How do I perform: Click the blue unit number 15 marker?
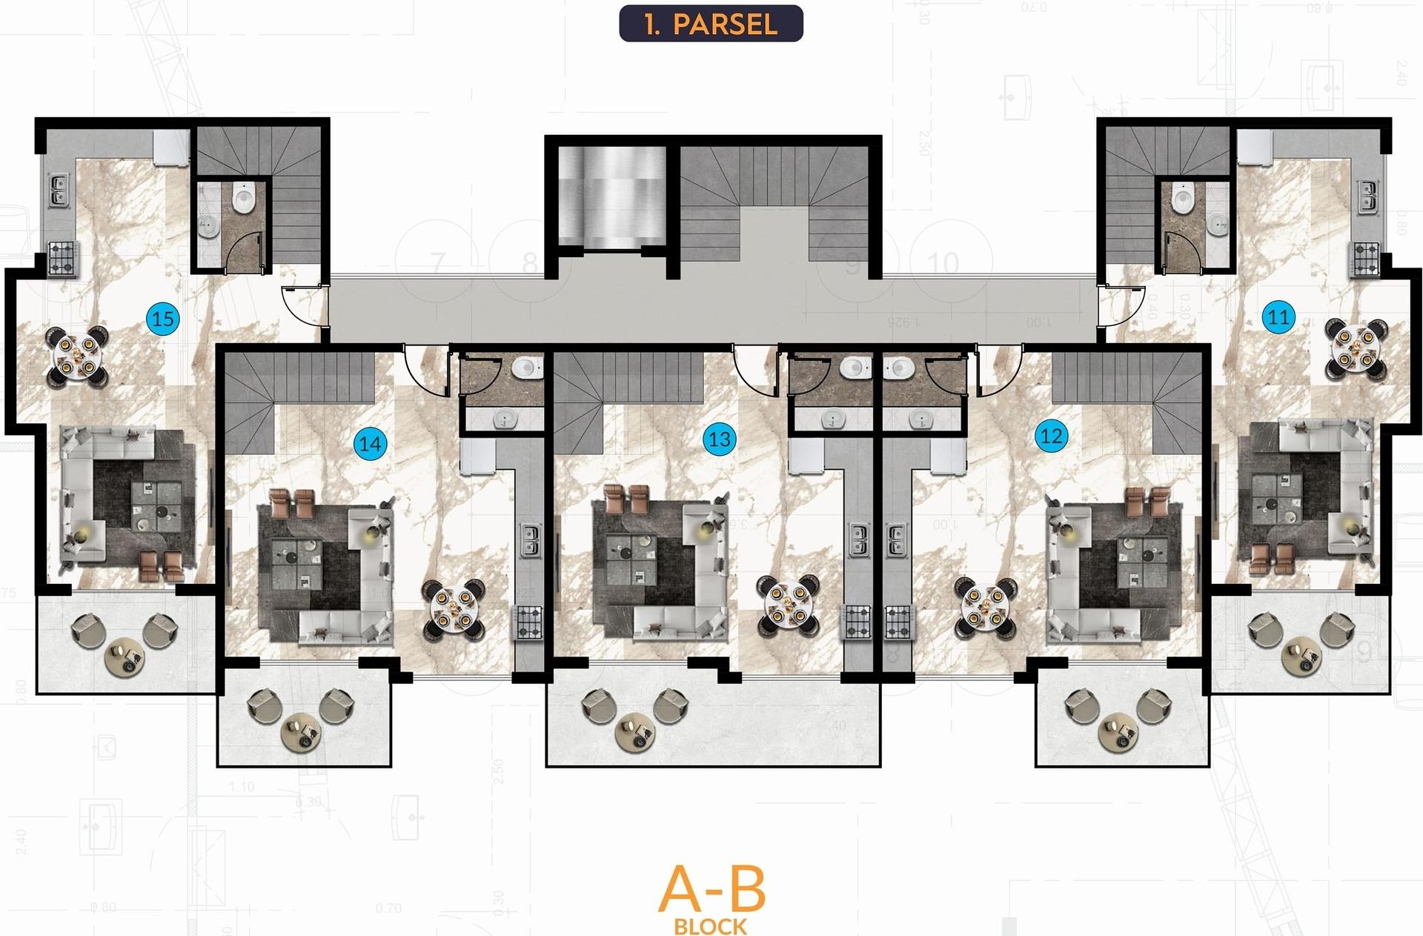[163, 319]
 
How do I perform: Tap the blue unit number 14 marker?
[370, 444]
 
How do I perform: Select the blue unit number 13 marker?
[719, 439]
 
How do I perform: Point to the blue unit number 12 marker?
[1051, 436]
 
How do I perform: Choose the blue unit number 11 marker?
[1278, 318]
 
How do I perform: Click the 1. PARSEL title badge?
[711, 24]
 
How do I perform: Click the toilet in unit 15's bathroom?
[243, 198]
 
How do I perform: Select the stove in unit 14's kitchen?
[528, 622]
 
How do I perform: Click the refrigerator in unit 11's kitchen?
[1254, 147]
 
